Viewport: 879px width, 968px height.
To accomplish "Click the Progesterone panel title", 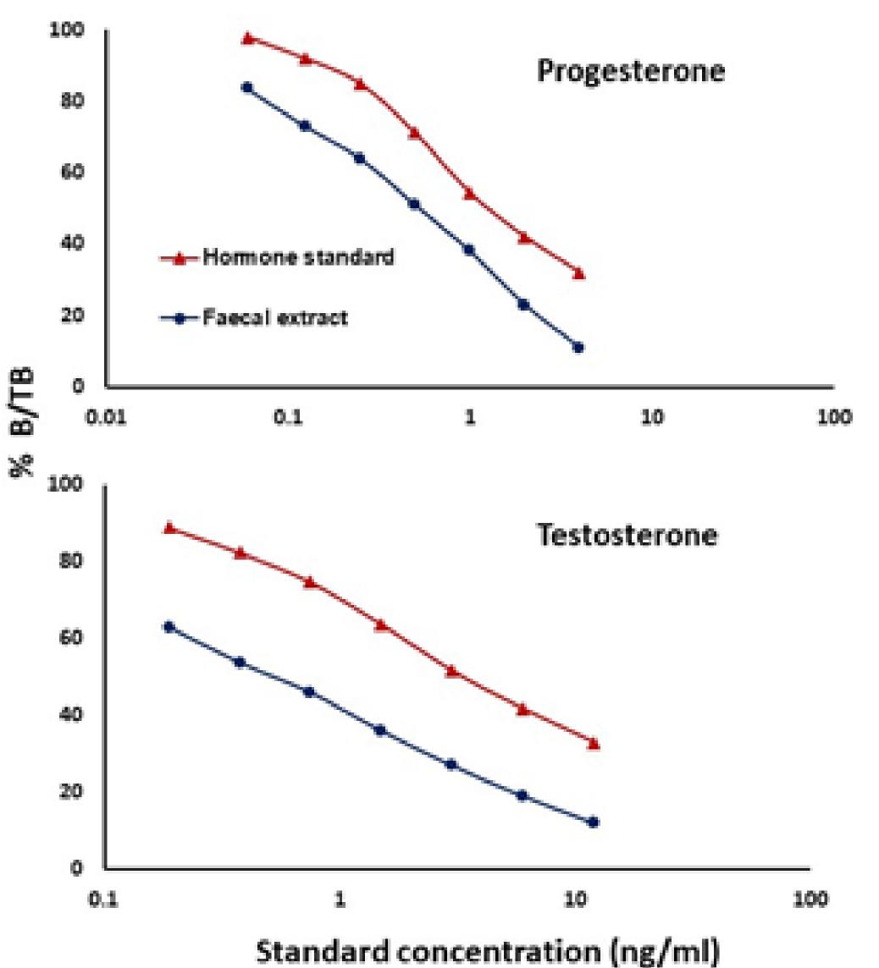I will coord(631,71).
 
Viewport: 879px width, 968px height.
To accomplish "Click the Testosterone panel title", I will coord(627,536).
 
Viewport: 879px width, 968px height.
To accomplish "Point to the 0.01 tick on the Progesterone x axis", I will coord(105,420).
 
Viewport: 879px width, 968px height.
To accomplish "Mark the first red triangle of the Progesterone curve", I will coord(247,38).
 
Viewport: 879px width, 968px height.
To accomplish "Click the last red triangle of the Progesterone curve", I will coord(578,273).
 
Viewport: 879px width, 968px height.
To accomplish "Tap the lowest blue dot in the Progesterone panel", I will coord(578,347).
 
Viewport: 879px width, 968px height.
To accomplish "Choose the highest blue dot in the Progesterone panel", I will coord(247,87).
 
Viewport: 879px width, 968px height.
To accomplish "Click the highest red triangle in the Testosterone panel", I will coord(169,527).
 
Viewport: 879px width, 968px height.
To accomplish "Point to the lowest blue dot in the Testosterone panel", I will coord(593,822).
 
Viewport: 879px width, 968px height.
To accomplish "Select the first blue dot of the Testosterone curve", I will coord(169,627).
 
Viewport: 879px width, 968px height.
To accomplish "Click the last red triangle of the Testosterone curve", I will coord(593,744).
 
